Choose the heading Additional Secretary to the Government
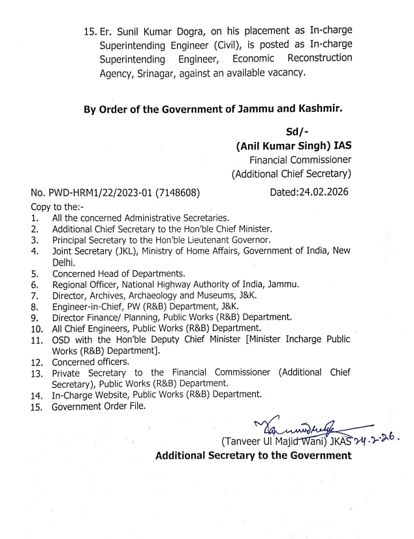tap(253, 455)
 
